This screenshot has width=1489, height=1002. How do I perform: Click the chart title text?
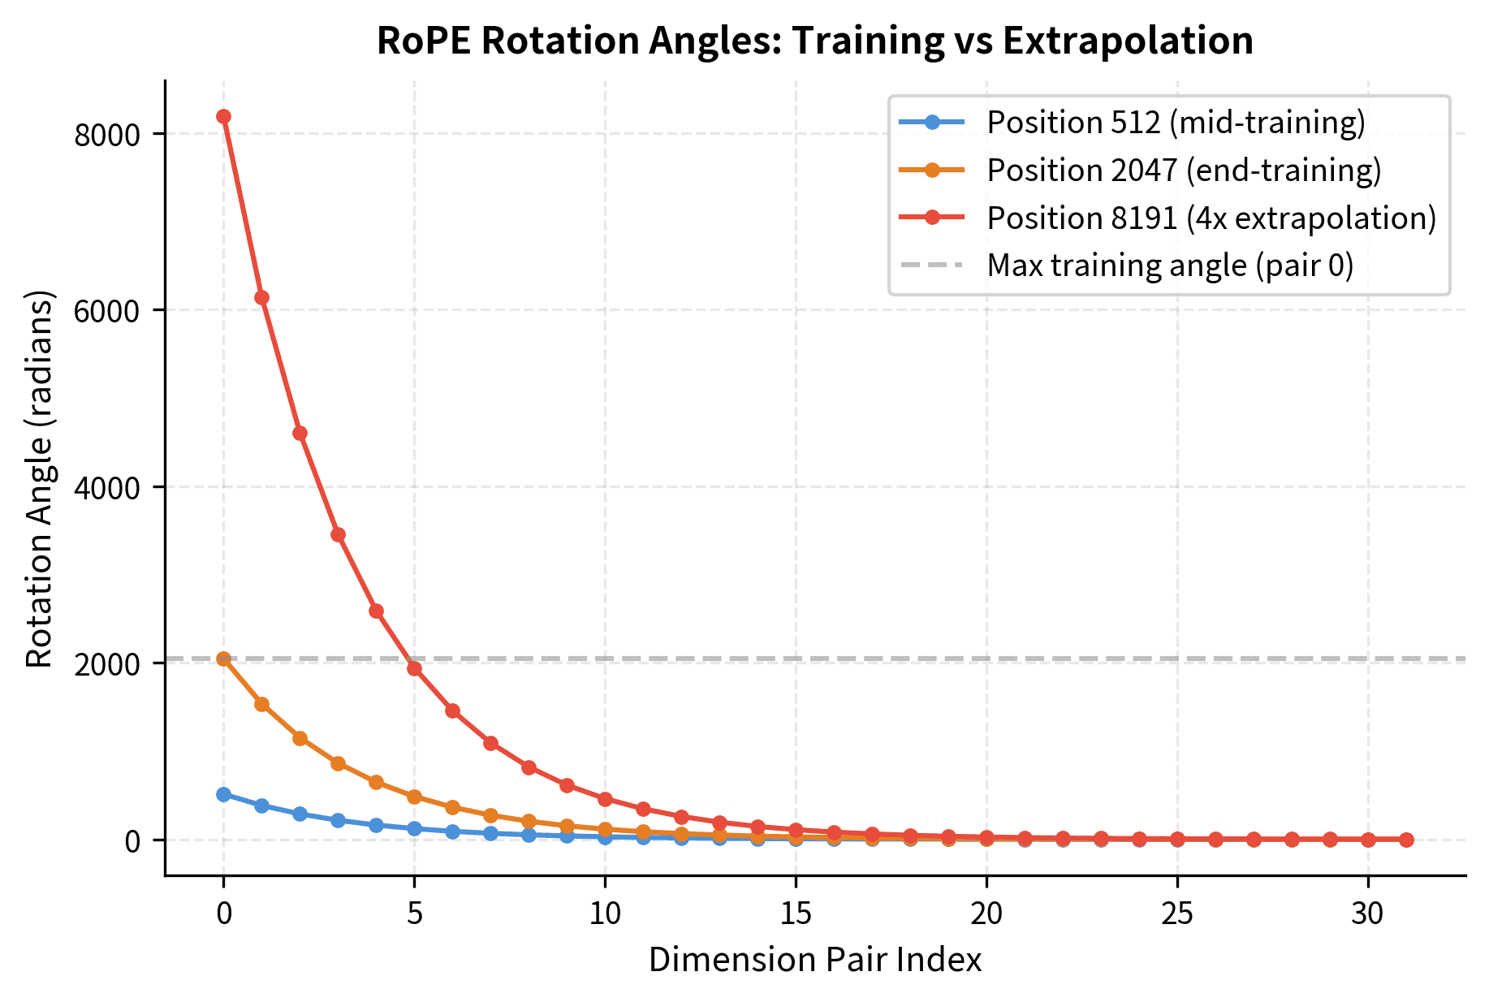814,41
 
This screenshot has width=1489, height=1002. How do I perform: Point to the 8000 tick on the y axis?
106,135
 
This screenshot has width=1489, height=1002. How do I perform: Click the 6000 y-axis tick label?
106,311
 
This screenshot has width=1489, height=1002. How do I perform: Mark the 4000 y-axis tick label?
106,487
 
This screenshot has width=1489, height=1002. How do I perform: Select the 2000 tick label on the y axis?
106,663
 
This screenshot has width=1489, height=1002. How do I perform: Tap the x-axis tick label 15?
796,914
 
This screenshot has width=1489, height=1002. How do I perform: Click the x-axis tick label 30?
1368,914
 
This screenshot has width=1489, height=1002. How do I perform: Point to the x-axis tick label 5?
414,914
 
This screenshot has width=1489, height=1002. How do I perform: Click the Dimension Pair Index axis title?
814,961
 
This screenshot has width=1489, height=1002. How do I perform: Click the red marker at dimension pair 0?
223,117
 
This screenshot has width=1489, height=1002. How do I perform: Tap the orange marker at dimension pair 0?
223,659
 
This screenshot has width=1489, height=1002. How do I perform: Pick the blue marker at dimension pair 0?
223,794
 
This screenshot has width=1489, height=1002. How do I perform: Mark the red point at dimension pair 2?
300,433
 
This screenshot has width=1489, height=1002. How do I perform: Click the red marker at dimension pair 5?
414,668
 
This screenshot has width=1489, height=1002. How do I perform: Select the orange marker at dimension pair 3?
338,763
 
